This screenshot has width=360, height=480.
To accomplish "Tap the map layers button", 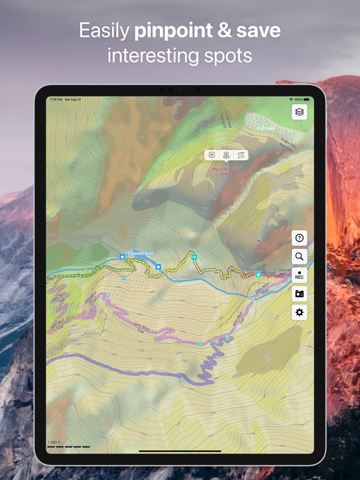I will (299, 112).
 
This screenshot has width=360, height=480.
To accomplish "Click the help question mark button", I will (299, 238).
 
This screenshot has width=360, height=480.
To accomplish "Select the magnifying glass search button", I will (299, 256).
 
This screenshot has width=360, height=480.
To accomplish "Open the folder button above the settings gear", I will (299, 294).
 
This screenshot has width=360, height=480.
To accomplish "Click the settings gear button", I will (299, 312).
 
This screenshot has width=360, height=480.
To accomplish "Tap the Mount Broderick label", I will (226, 169).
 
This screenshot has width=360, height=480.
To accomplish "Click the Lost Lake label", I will (266, 127).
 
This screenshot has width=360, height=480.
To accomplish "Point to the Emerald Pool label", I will (140, 253).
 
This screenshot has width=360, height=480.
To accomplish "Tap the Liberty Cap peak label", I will (259, 248).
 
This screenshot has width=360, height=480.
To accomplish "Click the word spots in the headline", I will (228, 54).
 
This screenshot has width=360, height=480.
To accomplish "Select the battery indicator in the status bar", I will (307, 99).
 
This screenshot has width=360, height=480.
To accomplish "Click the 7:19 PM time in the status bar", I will (56, 99).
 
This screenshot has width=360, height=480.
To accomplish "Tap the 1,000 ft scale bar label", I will (54, 442).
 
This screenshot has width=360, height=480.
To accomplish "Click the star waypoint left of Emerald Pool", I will (122, 256).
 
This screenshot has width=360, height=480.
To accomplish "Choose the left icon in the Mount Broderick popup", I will (212, 155).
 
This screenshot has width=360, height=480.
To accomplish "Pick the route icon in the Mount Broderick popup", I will (241, 155).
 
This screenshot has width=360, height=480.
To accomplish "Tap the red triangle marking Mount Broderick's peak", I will (226, 163).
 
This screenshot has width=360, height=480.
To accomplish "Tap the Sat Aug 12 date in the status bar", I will (73, 99).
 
